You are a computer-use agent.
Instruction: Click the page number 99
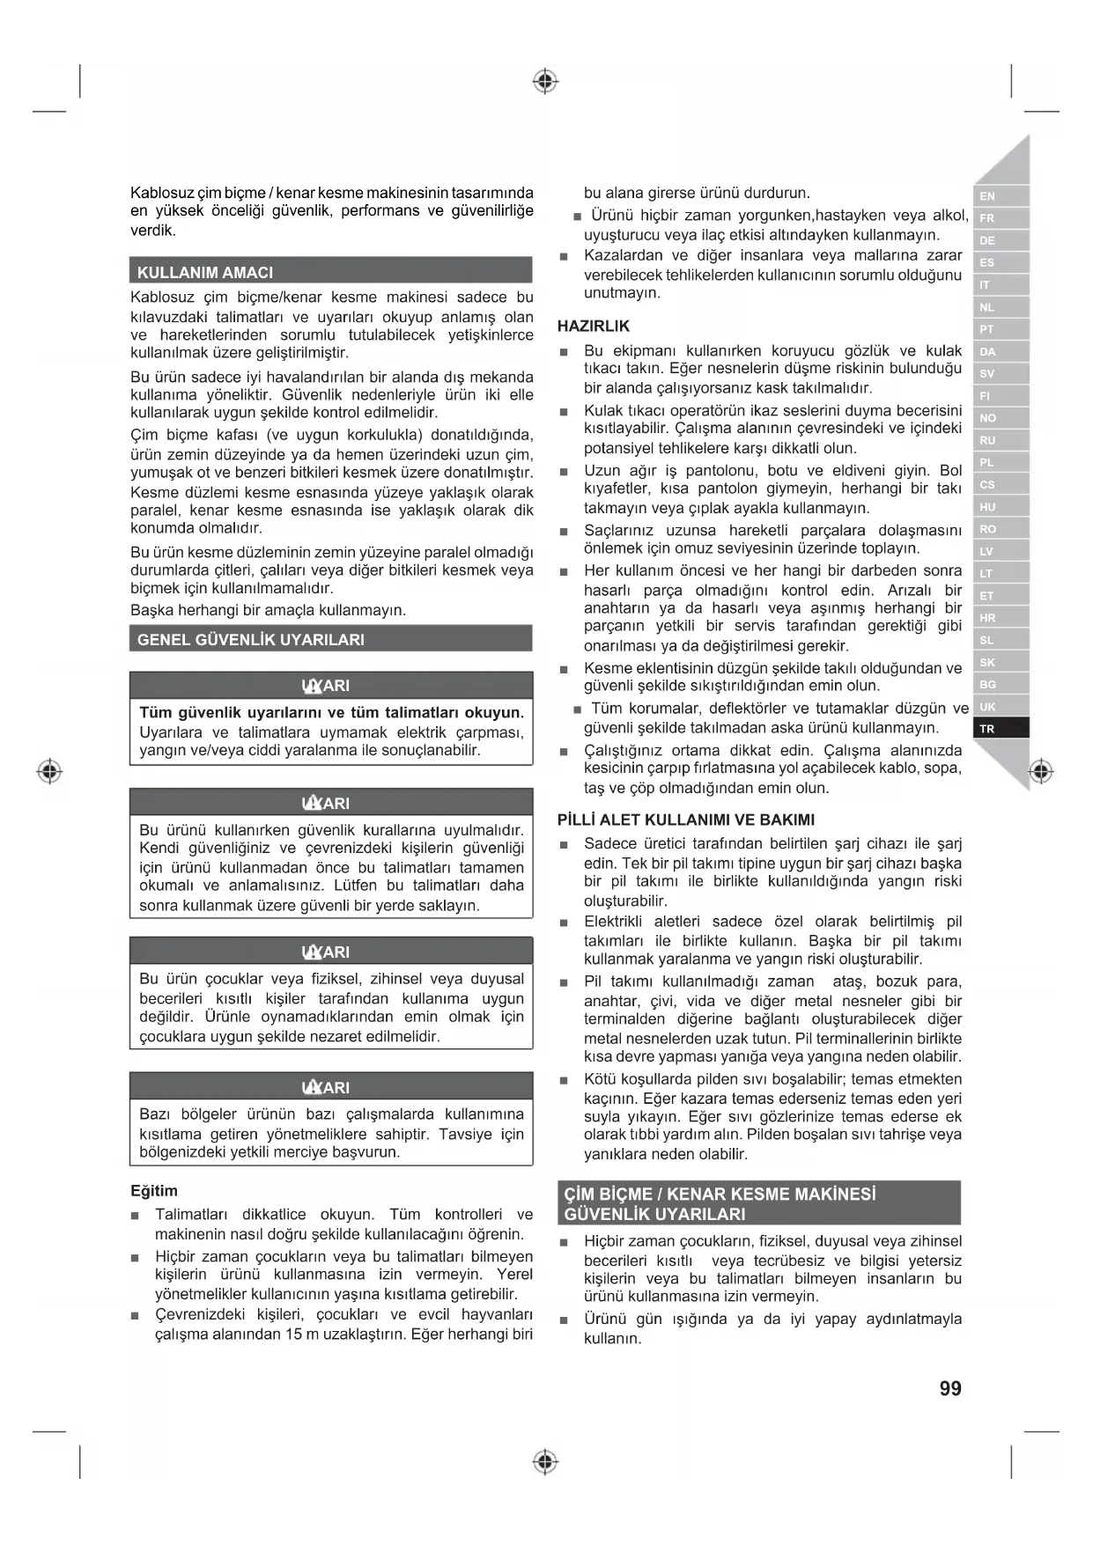coord(950,1388)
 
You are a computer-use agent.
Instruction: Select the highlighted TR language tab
coord(1001,729)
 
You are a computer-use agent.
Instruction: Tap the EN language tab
coord(1001,196)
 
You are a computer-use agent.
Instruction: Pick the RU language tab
coord(1001,440)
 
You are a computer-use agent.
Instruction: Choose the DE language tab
coord(1001,240)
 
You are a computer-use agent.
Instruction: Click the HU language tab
coord(1001,507)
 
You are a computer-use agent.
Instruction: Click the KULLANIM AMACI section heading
coord(205,272)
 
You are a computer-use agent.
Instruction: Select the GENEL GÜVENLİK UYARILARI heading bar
coord(251,640)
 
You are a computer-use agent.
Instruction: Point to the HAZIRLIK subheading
coord(594,326)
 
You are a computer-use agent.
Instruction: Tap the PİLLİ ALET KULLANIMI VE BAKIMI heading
coord(686,820)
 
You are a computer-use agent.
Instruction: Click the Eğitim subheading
coord(154,1191)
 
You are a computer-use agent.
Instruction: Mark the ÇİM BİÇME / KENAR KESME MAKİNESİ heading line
coord(720,1195)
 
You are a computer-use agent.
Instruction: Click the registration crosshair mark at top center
coord(546,82)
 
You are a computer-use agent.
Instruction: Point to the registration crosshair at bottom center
coord(546,1462)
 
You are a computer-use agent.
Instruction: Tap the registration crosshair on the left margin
coord(50,771)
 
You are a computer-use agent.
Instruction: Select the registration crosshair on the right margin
coord(1041,771)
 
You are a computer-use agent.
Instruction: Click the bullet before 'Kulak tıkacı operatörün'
coord(564,412)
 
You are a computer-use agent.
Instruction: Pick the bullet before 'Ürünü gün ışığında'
coord(564,1320)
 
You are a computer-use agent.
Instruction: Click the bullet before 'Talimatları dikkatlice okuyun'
coord(136,1216)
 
